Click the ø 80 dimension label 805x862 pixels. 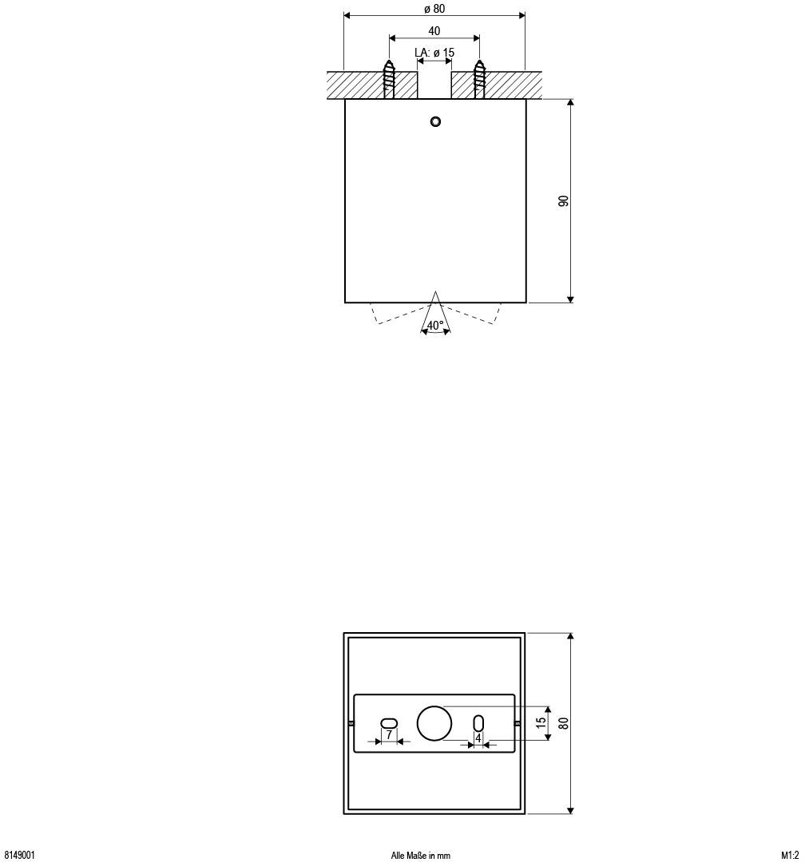434,9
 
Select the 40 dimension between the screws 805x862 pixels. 434,31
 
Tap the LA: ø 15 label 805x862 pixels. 434,53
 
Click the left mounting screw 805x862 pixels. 389,79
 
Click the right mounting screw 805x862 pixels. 479,79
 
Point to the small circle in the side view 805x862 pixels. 435,121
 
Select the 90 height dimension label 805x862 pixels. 564,201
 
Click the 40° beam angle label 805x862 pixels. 435,326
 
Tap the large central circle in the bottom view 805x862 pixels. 434,723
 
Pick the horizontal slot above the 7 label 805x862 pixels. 388,722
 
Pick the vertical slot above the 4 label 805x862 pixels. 478,723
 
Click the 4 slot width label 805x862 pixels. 478,739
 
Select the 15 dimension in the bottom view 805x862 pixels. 541,723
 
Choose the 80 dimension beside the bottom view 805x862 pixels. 564,723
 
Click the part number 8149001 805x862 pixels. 19,855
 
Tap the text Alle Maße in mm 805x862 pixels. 421,856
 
